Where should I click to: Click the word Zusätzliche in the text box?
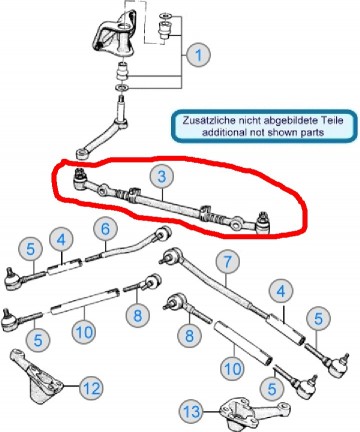(x=211, y=118)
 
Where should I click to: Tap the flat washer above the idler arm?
(x=121, y=92)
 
